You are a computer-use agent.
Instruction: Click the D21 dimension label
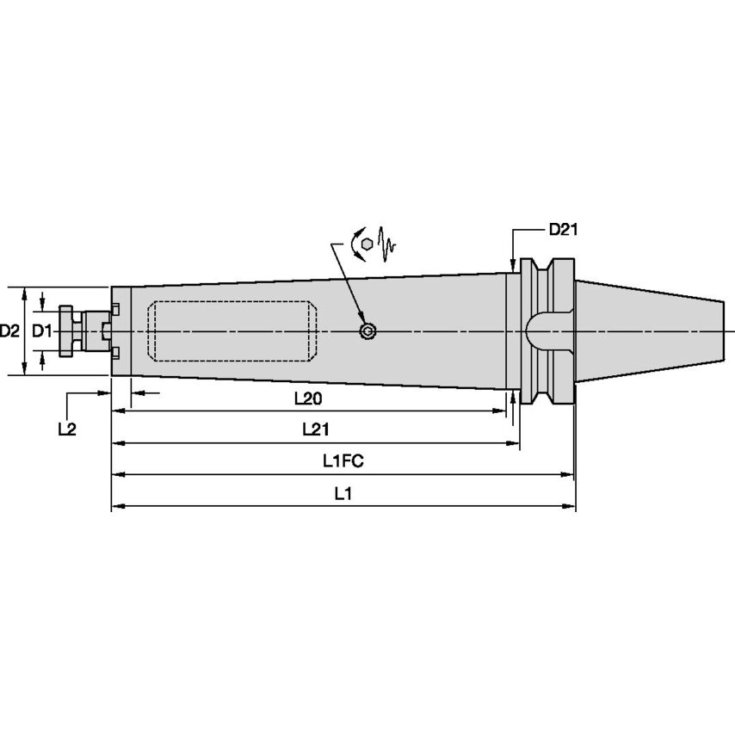pyautogui.click(x=563, y=230)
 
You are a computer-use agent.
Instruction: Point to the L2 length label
pyautogui.click(x=66, y=428)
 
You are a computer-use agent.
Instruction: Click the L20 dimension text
pyautogui.click(x=308, y=398)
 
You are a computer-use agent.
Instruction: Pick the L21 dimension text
pyautogui.click(x=315, y=429)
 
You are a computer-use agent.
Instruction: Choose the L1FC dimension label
pyautogui.click(x=343, y=460)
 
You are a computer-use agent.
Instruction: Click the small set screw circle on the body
pyautogui.click(x=367, y=331)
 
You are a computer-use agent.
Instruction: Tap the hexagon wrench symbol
pyautogui.click(x=367, y=244)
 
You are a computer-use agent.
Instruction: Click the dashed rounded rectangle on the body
pyautogui.click(x=231, y=330)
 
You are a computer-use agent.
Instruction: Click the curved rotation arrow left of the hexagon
pyautogui.click(x=354, y=245)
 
